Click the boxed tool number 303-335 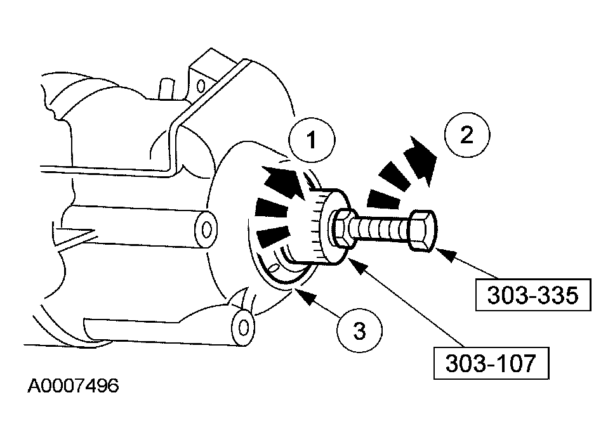(533, 294)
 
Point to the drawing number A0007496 (73, 386)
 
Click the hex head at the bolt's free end (421, 230)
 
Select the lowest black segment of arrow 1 (271, 238)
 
